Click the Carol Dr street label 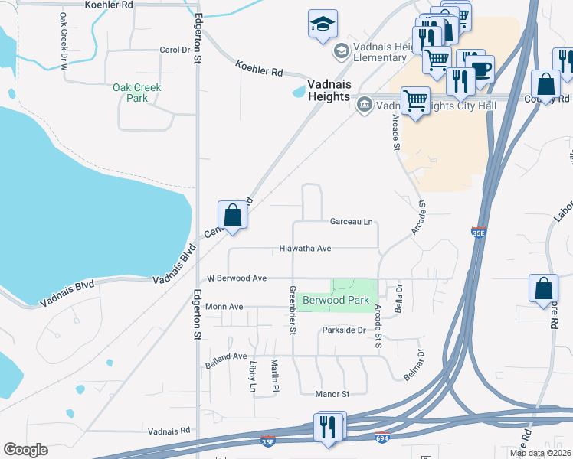[x=174, y=50]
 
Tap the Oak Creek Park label [x=137, y=93]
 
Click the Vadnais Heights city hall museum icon [x=364, y=104]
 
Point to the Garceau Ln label [x=351, y=222]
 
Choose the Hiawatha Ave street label [x=305, y=249]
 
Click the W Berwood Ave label [x=231, y=278]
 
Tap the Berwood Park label [x=336, y=301]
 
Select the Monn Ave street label [x=224, y=307]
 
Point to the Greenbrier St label [x=293, y=311]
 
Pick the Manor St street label [x=332, y=394]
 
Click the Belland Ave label [x=226, y=357]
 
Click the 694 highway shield [x=381, y=438]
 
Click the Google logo [x=25, y=450]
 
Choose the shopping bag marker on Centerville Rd [x=233, y=215]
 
